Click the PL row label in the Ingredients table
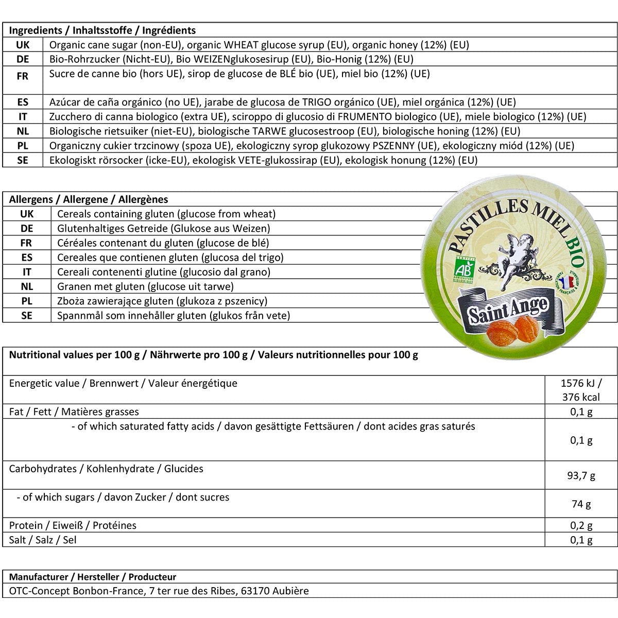tap(23, 146)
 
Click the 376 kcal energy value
tap(581, 397)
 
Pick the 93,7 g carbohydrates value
tap(581, 476)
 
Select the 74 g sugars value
tap(581, 504)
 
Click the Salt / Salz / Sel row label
tap(43, 540)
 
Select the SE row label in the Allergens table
tap(27, 315)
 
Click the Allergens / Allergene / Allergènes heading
tap(89, 199)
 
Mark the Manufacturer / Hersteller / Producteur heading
tap(93, 577)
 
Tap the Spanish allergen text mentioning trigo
tap(170, 257)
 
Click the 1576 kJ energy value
tap(581, 383)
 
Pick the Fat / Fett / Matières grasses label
tap(74, 411)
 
